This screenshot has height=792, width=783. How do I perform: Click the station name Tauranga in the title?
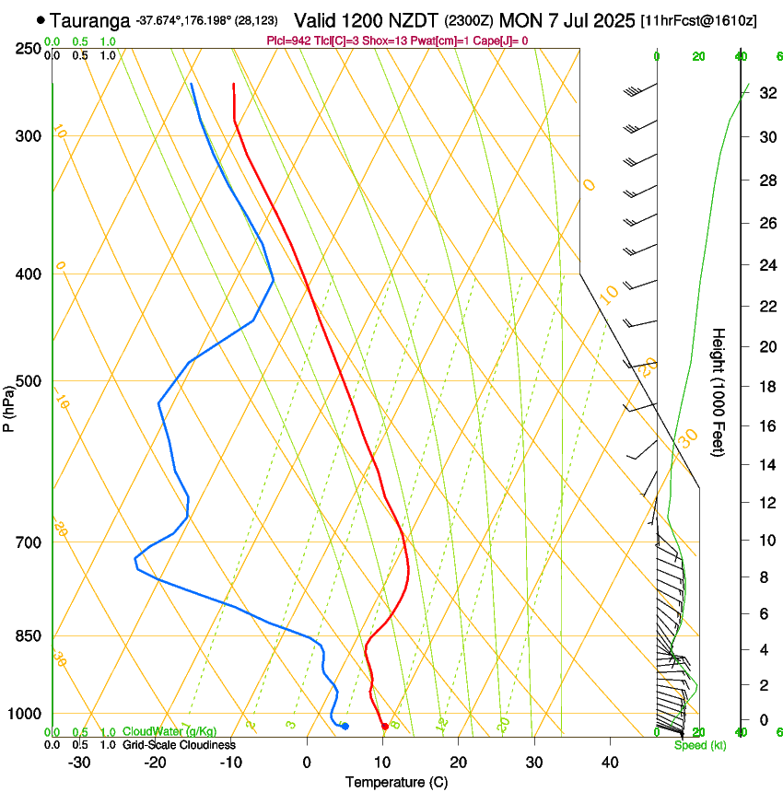(x=90, y=19)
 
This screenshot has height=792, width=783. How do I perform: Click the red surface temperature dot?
(x=384, y=727)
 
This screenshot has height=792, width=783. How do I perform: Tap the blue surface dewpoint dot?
(x=345, y=727)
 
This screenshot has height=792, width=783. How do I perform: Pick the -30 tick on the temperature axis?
(x=79, y=762)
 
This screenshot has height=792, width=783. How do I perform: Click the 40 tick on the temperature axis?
(x=609, y=762)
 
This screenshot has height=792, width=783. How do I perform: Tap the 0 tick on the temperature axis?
(x=307, y=762)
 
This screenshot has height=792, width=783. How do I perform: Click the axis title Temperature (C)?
(x=396, y=782)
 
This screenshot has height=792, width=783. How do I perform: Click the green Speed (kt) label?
(x=699, y=745)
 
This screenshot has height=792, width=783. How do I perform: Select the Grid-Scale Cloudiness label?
(x=179, y=745)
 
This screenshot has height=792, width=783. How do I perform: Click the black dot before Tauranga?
(x=41, y=19)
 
